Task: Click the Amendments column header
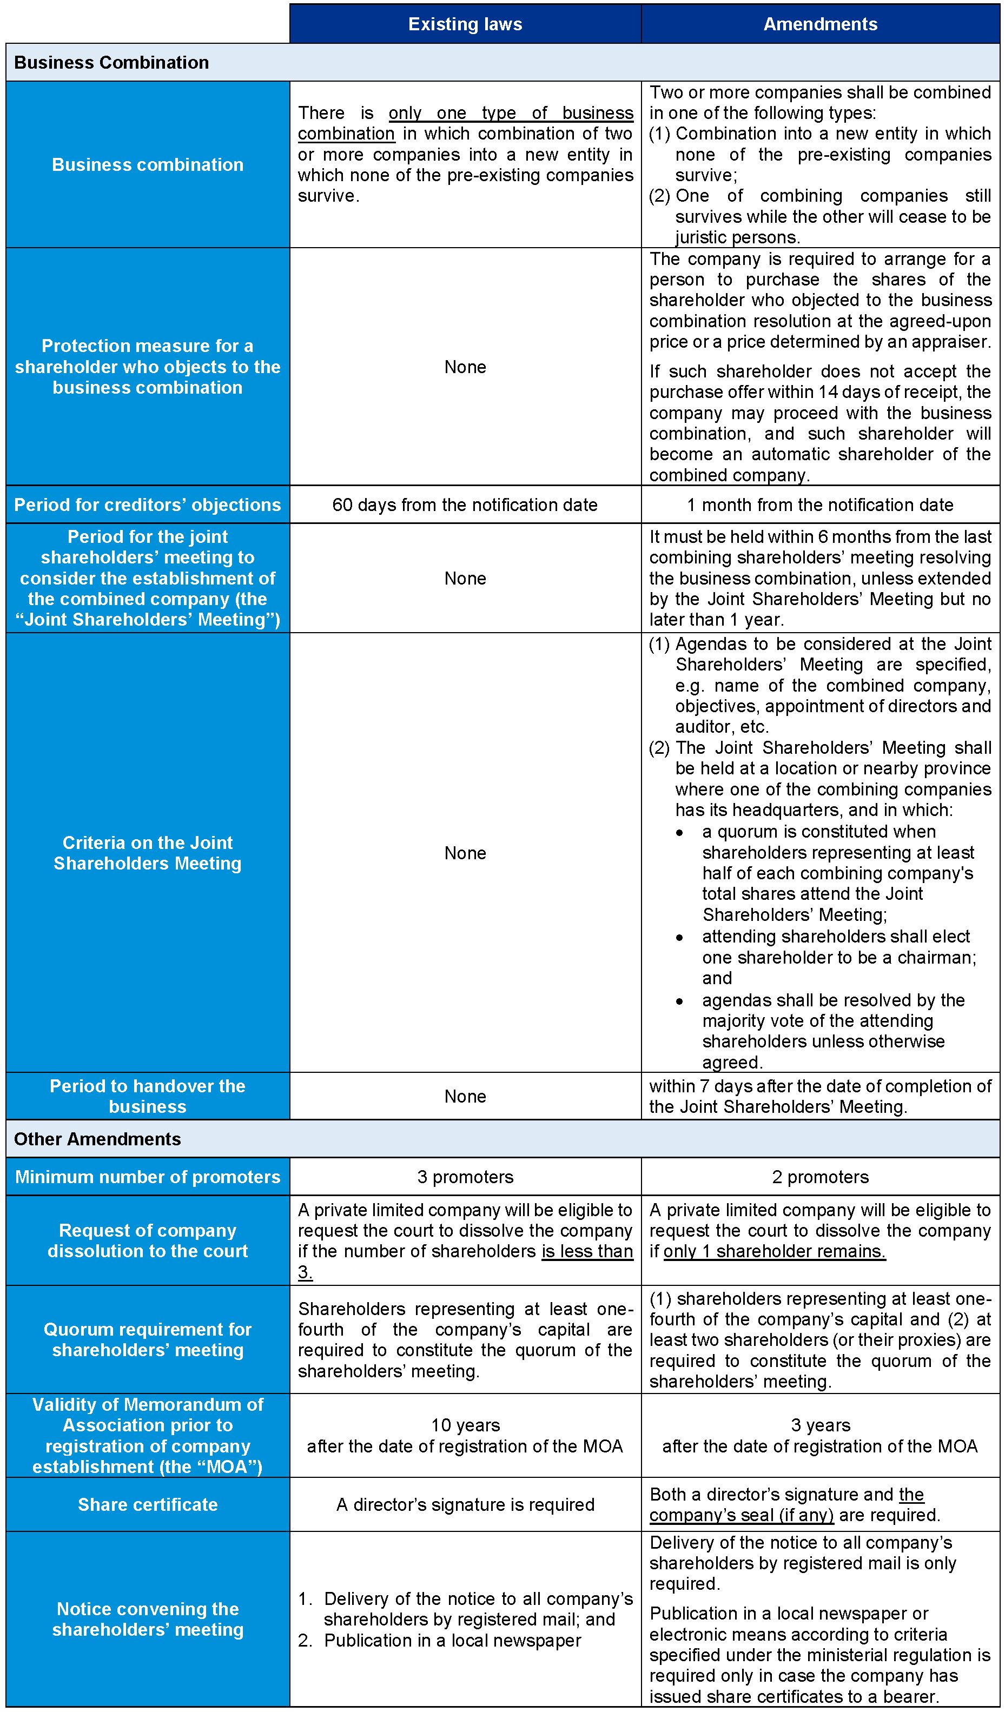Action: click(x=820, y=24)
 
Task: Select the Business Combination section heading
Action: click(x=111, y=63)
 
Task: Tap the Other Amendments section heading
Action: click(x=97, y=1139)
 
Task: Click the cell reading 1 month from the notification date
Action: click(x=820, y=505)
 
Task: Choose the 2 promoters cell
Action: click(x=820, y=1177)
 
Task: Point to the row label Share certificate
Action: click(x=148, y=1504)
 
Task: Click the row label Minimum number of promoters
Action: click(x=148, y=1177)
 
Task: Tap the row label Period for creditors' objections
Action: click(x=148, y=505)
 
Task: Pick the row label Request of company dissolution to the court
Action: click(x=148, y=1240)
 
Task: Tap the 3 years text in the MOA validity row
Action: click(x=820, y=1425)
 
